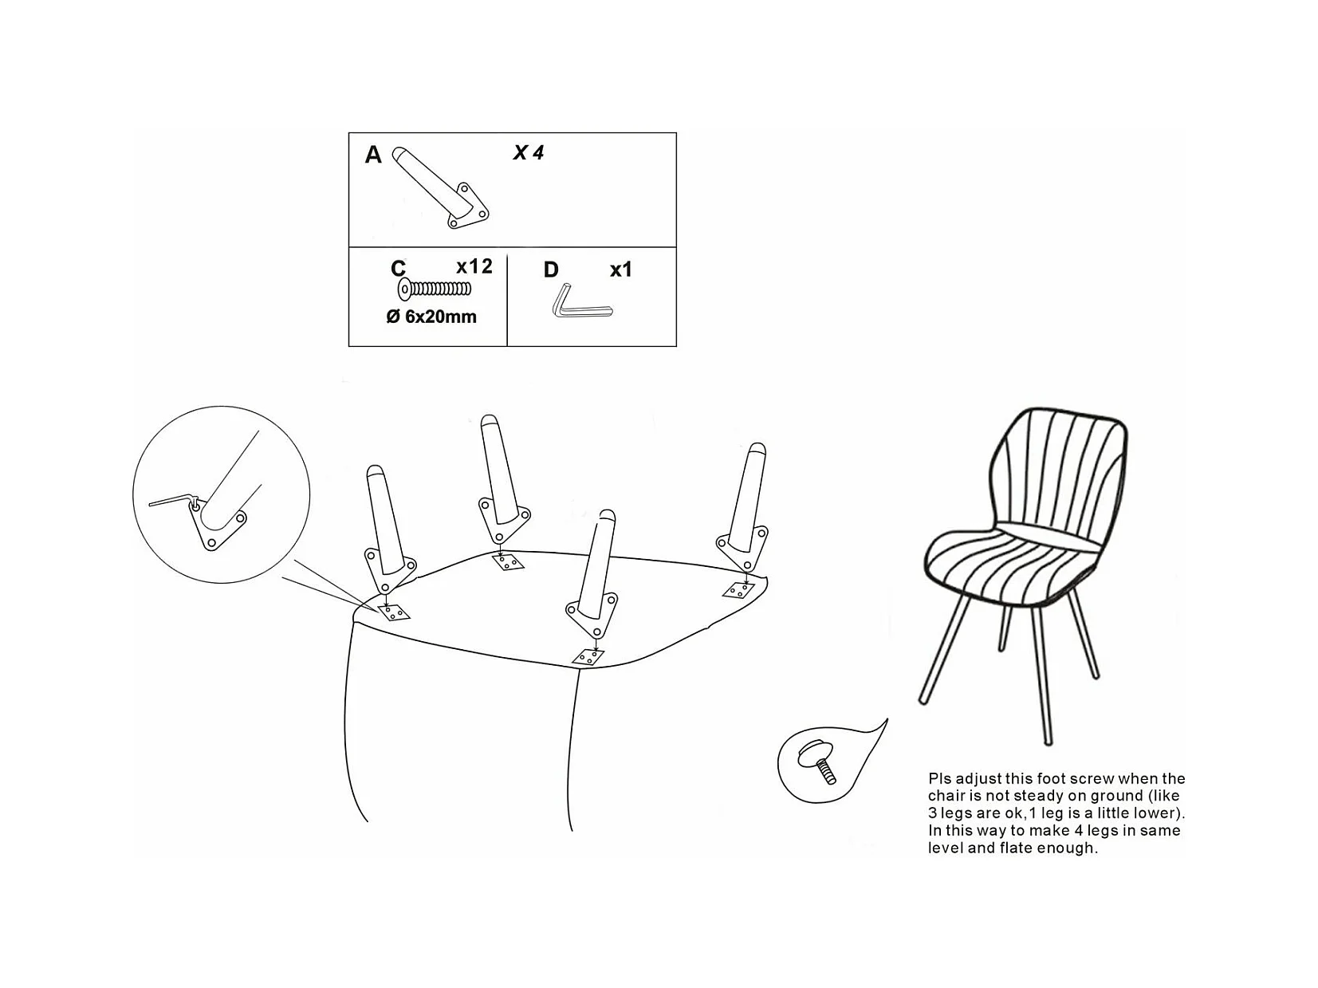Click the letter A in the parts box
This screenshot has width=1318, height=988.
373,155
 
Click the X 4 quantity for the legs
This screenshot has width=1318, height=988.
529,153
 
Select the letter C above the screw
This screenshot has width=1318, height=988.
398,268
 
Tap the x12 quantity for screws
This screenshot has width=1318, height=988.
474,266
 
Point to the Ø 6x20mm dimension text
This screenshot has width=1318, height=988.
431,317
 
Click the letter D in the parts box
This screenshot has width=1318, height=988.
551,270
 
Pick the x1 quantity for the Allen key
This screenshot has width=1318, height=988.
621,270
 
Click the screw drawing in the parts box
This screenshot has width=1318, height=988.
434,289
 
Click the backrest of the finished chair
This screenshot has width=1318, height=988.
1060,474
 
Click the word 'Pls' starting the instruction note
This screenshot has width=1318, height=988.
940,779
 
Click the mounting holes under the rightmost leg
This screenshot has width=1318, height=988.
738,591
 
